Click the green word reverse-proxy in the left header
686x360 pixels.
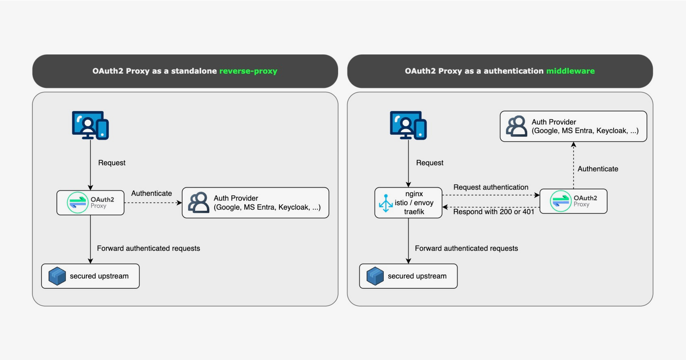pyautogui.click(x=248, y=71)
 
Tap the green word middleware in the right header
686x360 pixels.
pyautogui.click(x=570, y=71)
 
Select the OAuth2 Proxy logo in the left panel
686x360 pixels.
pyautogui.click(x=78, y=203)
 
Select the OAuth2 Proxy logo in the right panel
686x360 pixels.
pyautogui.click(x=560, y=201)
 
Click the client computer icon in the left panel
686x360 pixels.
pyautogui.click(x=90, y=125)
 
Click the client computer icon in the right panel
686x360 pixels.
pyautogui.click(x=408, y=125)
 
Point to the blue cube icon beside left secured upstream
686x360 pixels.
pyautogui.click(x=57, y=276)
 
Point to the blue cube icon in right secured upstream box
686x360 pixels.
pyautogui.click(x=375, y=276)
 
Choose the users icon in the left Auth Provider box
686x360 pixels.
pyautogui.click(x=199, y=203)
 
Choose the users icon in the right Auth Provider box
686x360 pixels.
pyautogui.click(x=517, y=126)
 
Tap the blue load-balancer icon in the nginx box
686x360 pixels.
pyautogui.click(x=386, y=203)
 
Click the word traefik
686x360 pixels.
pyautogui.click(x=414, y=212)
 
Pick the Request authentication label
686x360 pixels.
pyautogui.click(x=491, y=187)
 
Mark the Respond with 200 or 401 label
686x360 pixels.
pyautogui.click(x=494, y=212)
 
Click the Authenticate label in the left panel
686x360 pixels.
pyautogui.click(x=152, y=193)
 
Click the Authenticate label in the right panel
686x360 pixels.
pyautogui.click(x=598, y=169)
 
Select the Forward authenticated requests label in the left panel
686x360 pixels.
pyautogui.click(x=149, y=248)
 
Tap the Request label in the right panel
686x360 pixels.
pyautogui.click(x=429, y=163)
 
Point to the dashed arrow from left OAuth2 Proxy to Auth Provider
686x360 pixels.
pyautogui.click(x=153, y=203)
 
